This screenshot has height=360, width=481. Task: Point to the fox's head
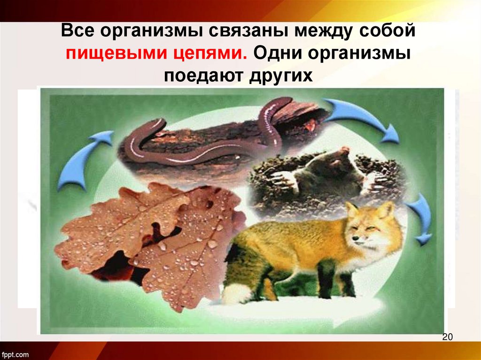(x=371, y=225)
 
